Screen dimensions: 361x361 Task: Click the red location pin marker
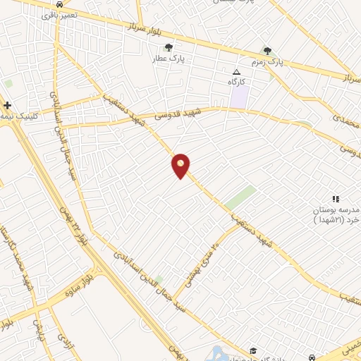181,165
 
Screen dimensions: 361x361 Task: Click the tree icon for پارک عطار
168,48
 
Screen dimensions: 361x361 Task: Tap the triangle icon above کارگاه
236,73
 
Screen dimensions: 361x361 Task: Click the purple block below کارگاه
239,97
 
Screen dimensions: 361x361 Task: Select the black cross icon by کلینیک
7,105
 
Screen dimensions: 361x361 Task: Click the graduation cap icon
252,350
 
